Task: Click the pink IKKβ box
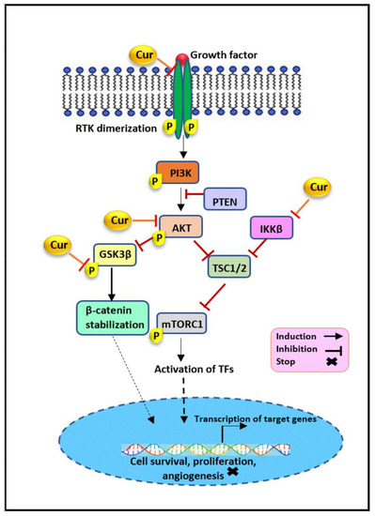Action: [x=273, y=228]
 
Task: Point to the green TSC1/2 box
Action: [x=229, y=267]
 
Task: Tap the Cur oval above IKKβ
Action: [x=319, y=188]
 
